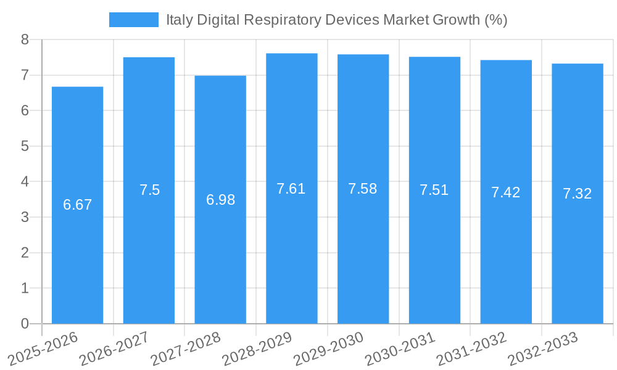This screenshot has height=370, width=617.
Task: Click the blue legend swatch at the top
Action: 133,20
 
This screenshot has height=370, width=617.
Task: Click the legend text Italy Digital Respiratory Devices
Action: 336,20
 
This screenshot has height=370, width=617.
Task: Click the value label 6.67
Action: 77,205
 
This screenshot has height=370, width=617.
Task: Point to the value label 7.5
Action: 149,190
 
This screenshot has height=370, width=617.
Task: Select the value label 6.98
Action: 220,200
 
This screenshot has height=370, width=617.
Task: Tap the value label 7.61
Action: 291,189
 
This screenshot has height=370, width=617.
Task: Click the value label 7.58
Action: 363,189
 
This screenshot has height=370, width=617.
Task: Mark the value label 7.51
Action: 434,190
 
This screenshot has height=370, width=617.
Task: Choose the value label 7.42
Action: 505,192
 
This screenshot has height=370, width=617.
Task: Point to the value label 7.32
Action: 577,194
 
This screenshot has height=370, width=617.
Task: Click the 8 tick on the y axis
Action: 25,39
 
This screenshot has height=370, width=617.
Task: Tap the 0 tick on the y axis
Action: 25,324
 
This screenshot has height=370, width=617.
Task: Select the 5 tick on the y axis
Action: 25,146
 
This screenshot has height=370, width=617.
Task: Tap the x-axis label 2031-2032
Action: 472,348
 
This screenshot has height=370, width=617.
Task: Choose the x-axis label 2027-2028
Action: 186,348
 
